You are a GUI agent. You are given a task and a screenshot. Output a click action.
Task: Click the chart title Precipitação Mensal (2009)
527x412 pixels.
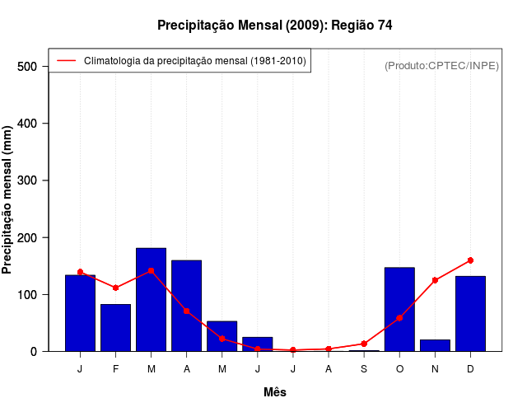pyautogui.click(x=274, y=26)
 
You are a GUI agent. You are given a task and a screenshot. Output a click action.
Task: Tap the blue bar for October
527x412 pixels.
pyautogui.click(x=399, y=310)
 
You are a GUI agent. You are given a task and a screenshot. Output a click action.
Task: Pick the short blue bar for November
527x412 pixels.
pyautogui.click(x=435, y=345)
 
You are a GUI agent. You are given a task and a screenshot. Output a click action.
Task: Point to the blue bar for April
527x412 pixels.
pyautogui.click(x=187, y=306)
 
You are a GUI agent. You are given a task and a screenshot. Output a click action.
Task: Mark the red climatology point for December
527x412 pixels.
pyautogui.click(x=470, y=260)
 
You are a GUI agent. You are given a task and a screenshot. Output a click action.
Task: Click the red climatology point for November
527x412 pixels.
pyautogui.click(x=435, y=280)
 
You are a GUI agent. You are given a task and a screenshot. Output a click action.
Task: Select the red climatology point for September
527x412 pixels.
pyautogui.click(x=364, y=344)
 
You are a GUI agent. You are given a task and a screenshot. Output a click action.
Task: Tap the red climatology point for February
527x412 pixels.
pyautogui.click(x=116, y=288)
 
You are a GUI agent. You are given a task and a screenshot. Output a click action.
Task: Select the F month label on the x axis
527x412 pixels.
pyautogui.click(x=116, y=369)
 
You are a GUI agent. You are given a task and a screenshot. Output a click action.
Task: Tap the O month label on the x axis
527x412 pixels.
pyautogui.click(x=399, y=369)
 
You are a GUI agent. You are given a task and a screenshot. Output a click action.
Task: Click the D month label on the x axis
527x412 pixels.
pyautogui.click(x=470, y=369)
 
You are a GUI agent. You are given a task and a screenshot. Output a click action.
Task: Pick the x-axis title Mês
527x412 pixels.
pyautogui.click(x=275, y=392)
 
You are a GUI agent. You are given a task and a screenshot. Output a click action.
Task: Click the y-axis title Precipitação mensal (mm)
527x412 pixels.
pyautogui.click(x=8, y=200)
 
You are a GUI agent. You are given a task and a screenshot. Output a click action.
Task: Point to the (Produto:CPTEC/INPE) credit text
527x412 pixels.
pyautogui.click(x=441, y=65)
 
